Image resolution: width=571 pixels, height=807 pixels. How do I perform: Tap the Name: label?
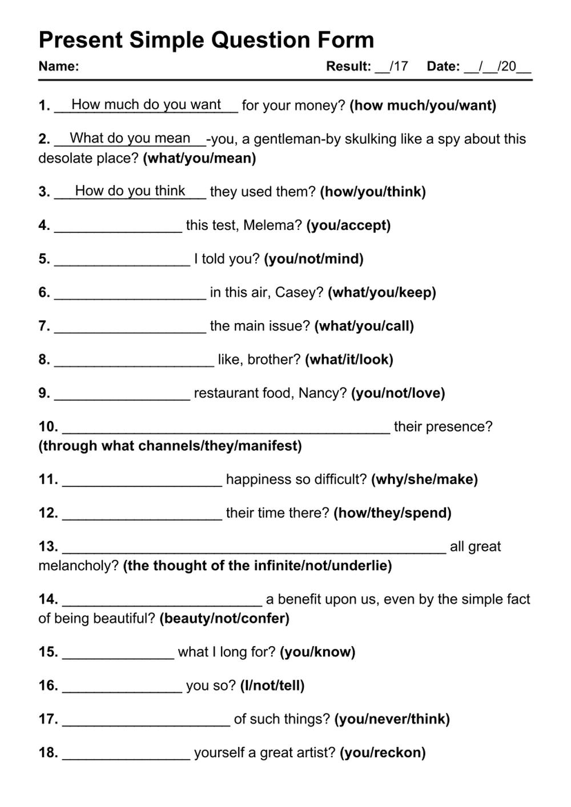[x=58, y=66]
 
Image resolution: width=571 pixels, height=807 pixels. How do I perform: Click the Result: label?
[x=348, y=66]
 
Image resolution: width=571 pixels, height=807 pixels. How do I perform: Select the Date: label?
[x=443, y=66]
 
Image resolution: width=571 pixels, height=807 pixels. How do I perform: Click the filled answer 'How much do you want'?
[x=146, y=104]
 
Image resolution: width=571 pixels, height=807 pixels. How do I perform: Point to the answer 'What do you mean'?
[x=130, y=138]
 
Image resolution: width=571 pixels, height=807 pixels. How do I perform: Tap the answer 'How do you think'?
[x=130, y=191]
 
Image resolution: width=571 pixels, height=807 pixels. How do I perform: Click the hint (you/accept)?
[x=348, y=225]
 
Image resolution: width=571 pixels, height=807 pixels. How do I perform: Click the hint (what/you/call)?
[x=364, y=326]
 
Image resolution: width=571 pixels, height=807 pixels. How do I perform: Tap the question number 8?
[x=44, y=360]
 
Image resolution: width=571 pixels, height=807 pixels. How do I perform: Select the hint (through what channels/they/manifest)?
[x=170, y=446]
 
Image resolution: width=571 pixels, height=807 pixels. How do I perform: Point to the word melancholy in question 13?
[x=78, y=566]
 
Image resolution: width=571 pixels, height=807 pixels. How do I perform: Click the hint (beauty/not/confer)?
[x=224, y=618]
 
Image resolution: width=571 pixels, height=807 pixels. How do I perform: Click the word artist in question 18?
[x=316, y=753]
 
